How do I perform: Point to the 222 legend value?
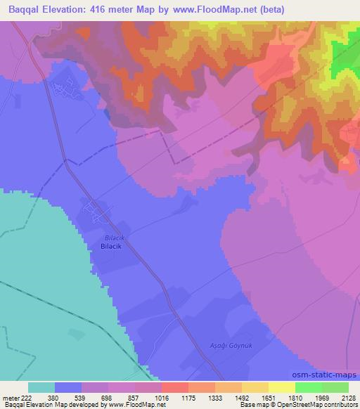[x=26, y=397]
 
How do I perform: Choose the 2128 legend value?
[x=347, y=397]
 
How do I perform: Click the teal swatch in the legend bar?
[x=41, y=387]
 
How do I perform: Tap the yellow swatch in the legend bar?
[x=281, y=387]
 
